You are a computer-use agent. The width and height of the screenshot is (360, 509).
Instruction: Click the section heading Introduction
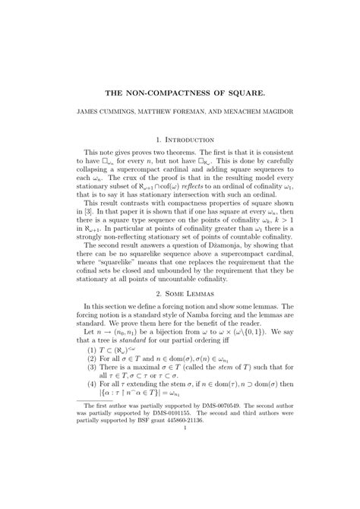[x=186, y=140]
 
